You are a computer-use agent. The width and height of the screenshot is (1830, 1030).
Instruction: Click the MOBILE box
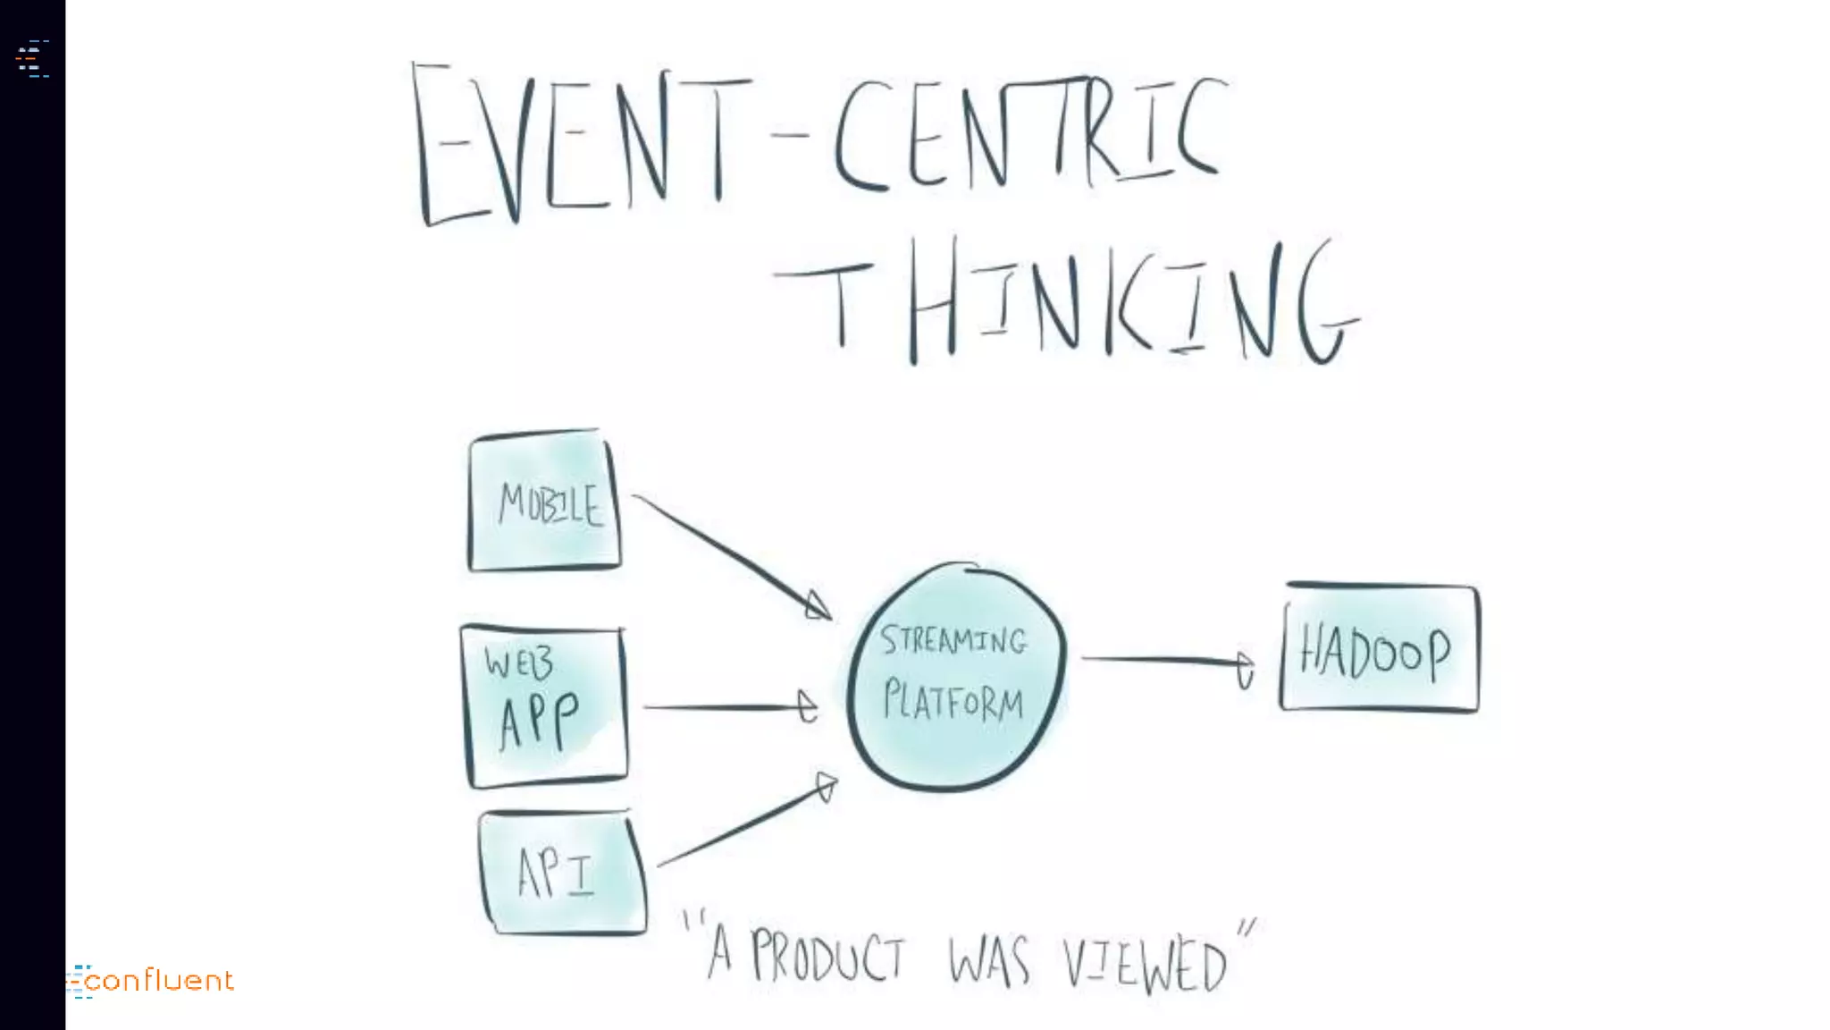tap(544, 502)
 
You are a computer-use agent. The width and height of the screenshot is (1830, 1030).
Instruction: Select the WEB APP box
tap(544, 706)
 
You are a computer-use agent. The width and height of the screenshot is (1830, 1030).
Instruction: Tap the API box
tap(562, 873)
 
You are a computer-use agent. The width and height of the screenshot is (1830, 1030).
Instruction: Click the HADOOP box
tap(1379, 649)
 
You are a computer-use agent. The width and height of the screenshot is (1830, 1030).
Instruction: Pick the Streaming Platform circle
tap(954, 677)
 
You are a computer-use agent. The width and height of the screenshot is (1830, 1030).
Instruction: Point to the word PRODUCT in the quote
tap(827, 958)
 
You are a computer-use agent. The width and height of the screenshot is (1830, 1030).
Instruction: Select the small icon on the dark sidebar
tap(32, 59)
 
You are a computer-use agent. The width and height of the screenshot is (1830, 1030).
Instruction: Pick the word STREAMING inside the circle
tap(953, 640)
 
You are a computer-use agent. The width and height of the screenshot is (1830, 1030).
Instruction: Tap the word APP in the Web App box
tap(539, 721)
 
